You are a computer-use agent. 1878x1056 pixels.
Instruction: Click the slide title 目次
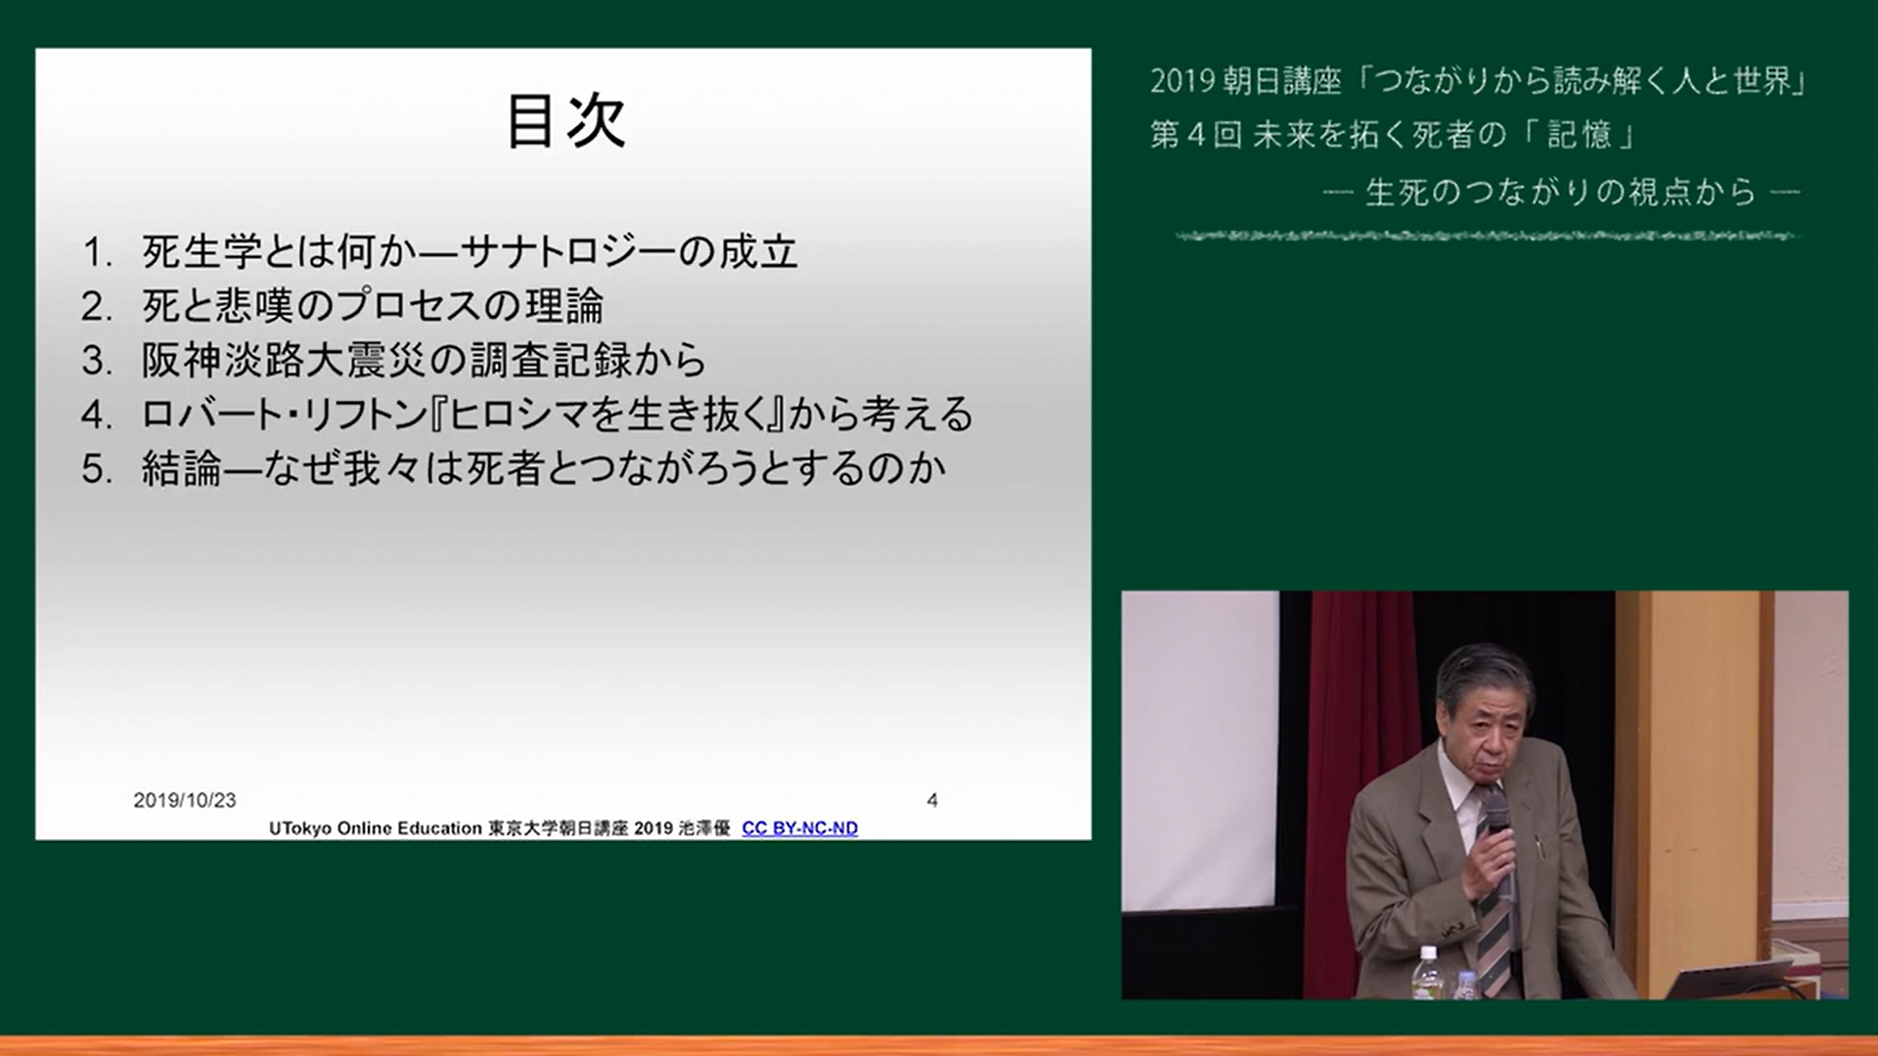(565, 121)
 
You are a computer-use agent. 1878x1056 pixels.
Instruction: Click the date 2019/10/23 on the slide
(185, 800)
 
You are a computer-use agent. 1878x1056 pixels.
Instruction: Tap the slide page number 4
(932, 800)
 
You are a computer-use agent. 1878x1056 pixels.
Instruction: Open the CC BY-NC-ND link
(799, 828)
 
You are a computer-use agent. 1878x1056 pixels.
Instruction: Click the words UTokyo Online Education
(376, 828)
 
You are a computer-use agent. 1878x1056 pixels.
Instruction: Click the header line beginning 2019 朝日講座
(1478, 80)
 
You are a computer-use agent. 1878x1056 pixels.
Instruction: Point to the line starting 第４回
(1393, 134)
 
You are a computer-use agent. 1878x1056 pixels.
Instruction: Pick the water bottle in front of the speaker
(1428, 972)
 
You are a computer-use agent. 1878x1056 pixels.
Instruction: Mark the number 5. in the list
(97, 469)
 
